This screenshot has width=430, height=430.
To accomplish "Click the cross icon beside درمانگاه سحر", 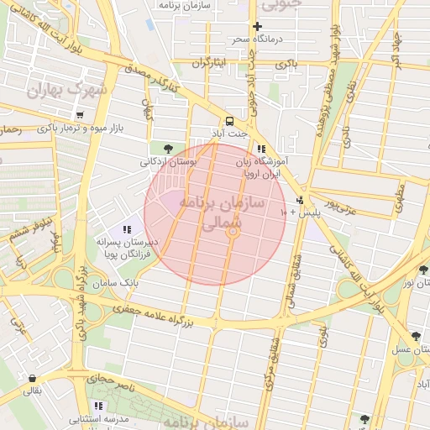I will point(257,26).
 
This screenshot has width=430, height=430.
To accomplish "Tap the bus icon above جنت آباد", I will point(230,120).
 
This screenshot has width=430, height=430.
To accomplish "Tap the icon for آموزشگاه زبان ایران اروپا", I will point(260,149).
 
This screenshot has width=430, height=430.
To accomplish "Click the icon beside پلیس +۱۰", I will point(301,200).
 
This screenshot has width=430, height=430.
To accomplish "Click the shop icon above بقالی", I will point(32,378).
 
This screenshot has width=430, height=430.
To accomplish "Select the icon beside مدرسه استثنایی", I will point(99,406).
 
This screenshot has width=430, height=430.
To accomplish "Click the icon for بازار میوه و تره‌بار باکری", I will point(79,115).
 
